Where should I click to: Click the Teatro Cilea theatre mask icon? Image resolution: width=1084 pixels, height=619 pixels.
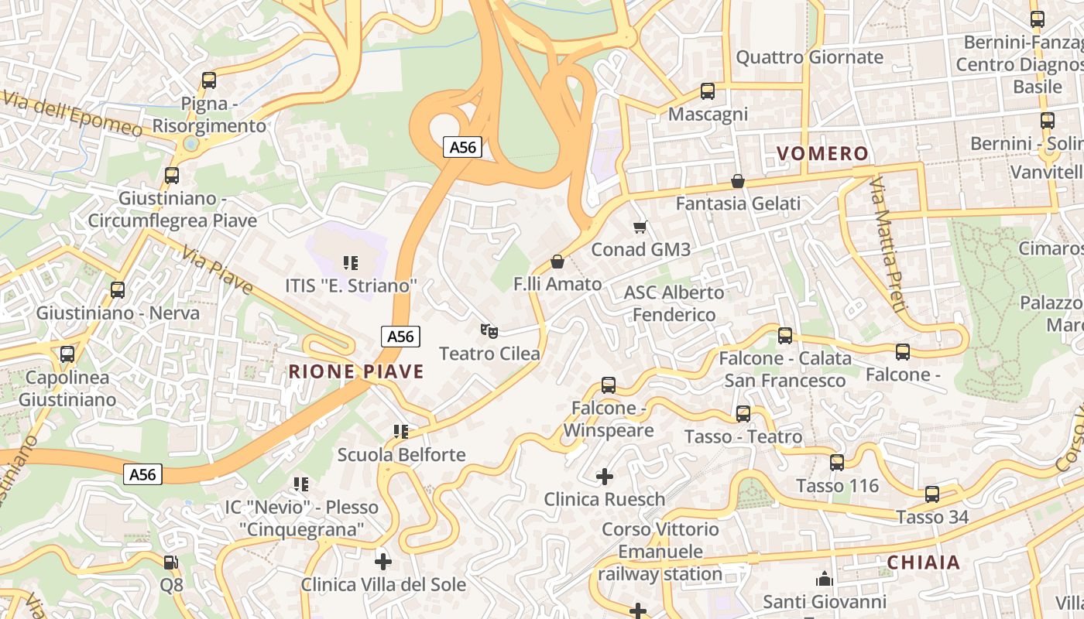[x=489, y=331]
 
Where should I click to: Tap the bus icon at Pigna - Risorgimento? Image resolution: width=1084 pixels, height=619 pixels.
[x=208, y=80]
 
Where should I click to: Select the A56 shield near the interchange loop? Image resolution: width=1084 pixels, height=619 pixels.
[x=463, y=147]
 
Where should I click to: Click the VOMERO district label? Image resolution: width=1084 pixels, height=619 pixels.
[x=823, y=154]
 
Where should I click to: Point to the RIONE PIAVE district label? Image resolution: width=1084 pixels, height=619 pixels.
[x=356, y=371]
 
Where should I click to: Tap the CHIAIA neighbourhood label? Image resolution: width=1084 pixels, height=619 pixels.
[x=924, y=563]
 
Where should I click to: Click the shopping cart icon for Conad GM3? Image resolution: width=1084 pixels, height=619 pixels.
[x=640, y=227]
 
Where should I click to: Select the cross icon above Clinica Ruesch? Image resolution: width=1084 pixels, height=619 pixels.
[x=605, y=477]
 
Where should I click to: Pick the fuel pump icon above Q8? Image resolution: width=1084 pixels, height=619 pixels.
[x=171, y=563]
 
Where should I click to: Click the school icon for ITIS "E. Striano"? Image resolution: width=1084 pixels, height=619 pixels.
[x=350, y=263]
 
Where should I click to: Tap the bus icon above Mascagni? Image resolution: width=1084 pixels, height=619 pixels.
[x=707, y=91]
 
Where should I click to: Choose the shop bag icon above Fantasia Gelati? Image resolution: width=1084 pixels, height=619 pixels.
[x=738, y=181]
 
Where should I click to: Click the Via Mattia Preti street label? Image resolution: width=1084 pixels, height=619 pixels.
[x=887, y=244]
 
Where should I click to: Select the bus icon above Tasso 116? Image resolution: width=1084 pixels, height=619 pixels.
[x=837, y=463]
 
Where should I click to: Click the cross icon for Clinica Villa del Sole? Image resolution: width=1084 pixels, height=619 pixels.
[x=382, y=561]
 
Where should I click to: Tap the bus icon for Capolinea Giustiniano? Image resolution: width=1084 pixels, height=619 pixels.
[x=67, y=354]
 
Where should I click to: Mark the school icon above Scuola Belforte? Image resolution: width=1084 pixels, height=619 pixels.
[x=400, y=431]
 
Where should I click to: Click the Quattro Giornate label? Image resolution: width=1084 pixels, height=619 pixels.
[x=809, y=57]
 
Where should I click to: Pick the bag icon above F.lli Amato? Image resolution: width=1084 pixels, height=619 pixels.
[x=557, y=262]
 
